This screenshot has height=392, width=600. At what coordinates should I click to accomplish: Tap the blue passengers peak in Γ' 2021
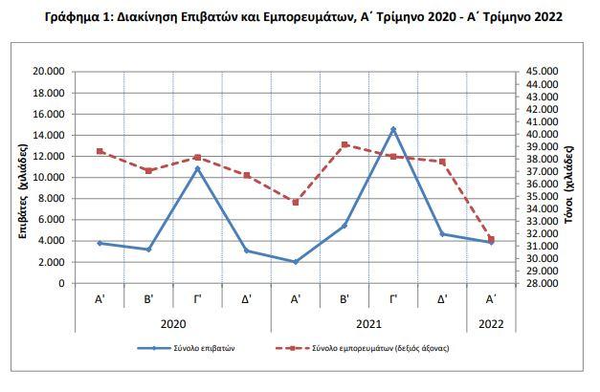click(x=393, y=129)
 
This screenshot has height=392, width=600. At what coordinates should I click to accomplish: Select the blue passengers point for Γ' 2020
click(x=197, y=168)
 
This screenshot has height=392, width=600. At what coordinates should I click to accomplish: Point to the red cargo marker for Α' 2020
click(x=100, y=151)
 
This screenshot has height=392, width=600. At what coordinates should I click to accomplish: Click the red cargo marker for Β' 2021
click(x=344, y=144)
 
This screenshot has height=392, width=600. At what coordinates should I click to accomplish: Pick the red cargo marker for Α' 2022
click(x=491, y=238)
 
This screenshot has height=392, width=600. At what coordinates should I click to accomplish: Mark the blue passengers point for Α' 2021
click(x=296, y=262)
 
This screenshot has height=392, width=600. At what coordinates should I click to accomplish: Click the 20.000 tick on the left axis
click(x=50, y=72)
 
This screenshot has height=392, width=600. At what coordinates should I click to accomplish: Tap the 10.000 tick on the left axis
click(x=50, y=178)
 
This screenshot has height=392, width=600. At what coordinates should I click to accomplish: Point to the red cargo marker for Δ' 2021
click(x=442, y=162)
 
